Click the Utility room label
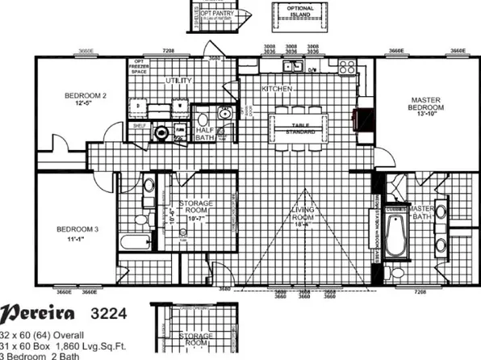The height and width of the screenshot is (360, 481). [178, 81]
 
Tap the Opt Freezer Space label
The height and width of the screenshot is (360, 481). [140, 69]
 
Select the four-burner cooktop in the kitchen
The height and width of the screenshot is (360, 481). [348, 66]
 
